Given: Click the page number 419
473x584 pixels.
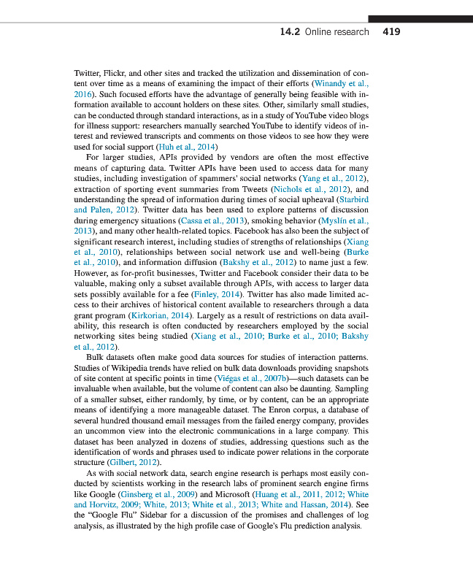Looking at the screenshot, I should tap(391, 32).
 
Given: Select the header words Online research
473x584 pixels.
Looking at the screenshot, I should tap(337, 32).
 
